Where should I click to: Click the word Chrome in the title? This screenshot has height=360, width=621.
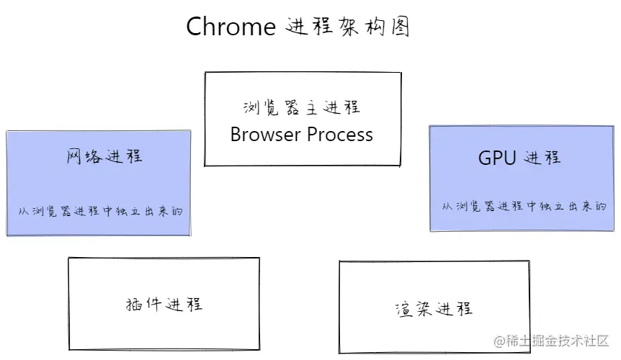tap(231, 27)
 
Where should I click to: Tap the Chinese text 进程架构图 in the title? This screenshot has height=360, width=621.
tap(347, 27)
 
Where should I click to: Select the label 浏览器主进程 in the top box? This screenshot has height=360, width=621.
tap(302, 107)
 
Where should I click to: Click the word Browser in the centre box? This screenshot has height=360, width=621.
tap(265, 134)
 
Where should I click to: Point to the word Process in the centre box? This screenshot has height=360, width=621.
tap(340, 134)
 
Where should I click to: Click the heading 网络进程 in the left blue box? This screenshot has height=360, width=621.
tap(104, 156)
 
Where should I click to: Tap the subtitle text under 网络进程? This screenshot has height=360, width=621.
tap(100, 211)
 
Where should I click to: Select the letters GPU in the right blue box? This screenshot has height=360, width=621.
tap(497, 158)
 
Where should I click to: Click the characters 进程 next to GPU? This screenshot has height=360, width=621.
tap(542, 158)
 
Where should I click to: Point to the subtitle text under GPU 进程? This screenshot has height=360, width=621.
tap(524, 206)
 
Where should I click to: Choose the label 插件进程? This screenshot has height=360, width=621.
tap(164, 305)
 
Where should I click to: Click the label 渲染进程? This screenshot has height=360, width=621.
tap(434, 309)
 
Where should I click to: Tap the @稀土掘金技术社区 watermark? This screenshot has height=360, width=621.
tap(551, 341)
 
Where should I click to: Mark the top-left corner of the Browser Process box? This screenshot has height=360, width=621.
tap(205, 73)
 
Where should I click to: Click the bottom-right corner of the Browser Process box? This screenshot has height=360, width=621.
tap(401, 166)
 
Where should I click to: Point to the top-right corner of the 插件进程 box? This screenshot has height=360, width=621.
tap(259, 258)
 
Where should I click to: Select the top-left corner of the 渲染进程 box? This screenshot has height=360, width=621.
tap(339, 261)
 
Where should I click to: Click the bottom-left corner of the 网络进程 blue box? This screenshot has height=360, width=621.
tap(6, 235)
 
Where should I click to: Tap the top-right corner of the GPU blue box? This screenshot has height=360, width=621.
tap(614, 126)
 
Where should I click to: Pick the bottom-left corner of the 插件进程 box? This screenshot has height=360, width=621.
tap(69, 350)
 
